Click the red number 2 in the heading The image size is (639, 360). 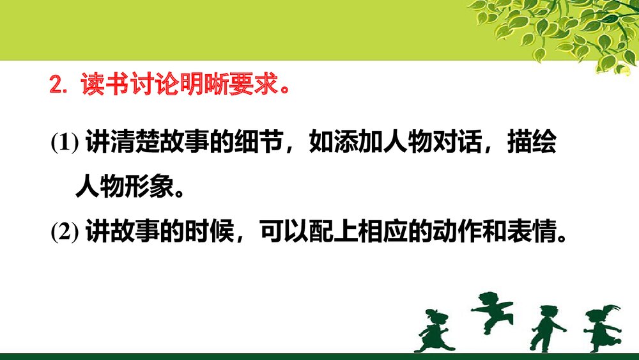coord(56,86)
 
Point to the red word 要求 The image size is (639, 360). coord(246,85)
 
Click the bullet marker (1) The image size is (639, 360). coord(65,143)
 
